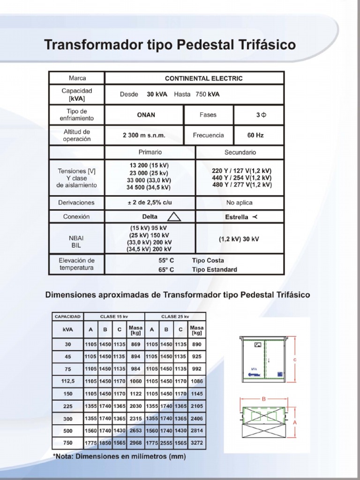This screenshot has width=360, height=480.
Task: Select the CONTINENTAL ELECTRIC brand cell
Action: [x=204, y=78]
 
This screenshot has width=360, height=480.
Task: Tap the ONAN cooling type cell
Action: [x=146, y=115]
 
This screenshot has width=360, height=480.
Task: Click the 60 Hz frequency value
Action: [x=255, y=135]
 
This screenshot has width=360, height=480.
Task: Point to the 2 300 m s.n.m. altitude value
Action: [x=144, y=135]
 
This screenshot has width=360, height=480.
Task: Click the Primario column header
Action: [x=150, y=152]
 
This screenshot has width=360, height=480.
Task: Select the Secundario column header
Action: [x=240, y=152]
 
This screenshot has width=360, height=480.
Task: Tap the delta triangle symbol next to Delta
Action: [x=174, y=217]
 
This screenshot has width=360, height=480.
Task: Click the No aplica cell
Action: [x=239, y=203]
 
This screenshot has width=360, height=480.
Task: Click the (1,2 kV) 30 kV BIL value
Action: [x=239, y=239]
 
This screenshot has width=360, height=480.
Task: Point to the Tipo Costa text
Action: [x=208, y=261]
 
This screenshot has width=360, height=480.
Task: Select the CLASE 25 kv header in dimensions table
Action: [x=175, y=316]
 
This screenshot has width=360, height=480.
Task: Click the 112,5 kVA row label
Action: [x=68, y=381]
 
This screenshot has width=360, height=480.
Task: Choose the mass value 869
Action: [x=136, y=344]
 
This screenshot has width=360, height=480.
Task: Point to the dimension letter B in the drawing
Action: [x=264, y=399]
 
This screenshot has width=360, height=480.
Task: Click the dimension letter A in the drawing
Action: [x=295, y=422]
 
